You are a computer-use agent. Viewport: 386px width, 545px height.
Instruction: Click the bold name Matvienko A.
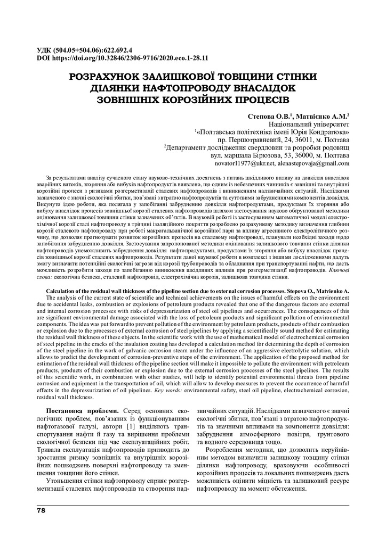331,292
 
